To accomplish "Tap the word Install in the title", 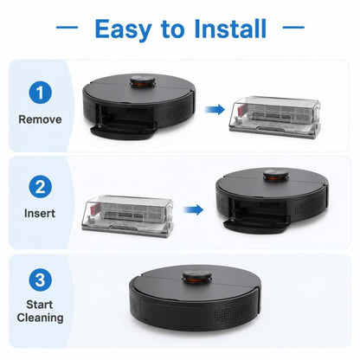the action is click(x=230, y=29).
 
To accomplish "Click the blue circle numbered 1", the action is click(x=40, y=93).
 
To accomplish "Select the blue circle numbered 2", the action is click(x=40, y=186).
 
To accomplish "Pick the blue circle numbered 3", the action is click(x=40, y=280).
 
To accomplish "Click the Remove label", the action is click(x=40, y=119).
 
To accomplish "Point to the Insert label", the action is click(x=40, y=213).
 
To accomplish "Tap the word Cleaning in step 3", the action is click(x=40, y=318).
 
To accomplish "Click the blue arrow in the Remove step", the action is click(x=215, y=110).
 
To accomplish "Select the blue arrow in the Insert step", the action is click(x=193, y=210).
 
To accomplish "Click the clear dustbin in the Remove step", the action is click(x=275, y=117).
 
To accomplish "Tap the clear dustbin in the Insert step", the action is click(x=127, y=216).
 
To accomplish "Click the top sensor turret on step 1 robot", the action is click(x=143, y=80).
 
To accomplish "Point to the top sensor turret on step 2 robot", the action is click(x=276, y=176).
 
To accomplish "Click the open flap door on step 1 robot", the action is click(x=124, y=131).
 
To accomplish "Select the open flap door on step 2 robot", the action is click(x=257, y=224).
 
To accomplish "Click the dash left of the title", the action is click(x=67, y=28).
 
